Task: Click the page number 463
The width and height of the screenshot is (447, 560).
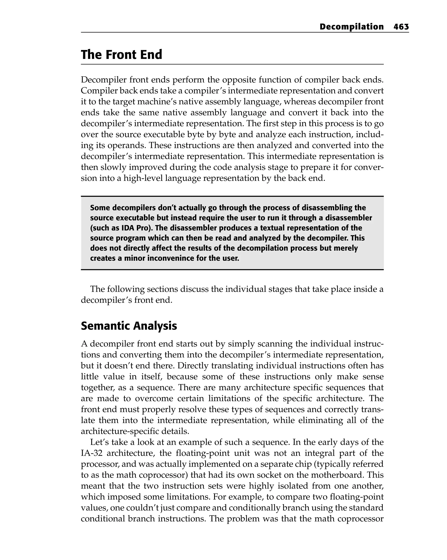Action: (x=401, y=27)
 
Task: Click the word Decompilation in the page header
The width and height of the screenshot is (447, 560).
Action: (x=351, y=27)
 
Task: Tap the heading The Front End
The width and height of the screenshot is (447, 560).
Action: (x=121, y=55)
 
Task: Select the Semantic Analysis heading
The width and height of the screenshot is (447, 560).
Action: (x=129, y=326)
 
